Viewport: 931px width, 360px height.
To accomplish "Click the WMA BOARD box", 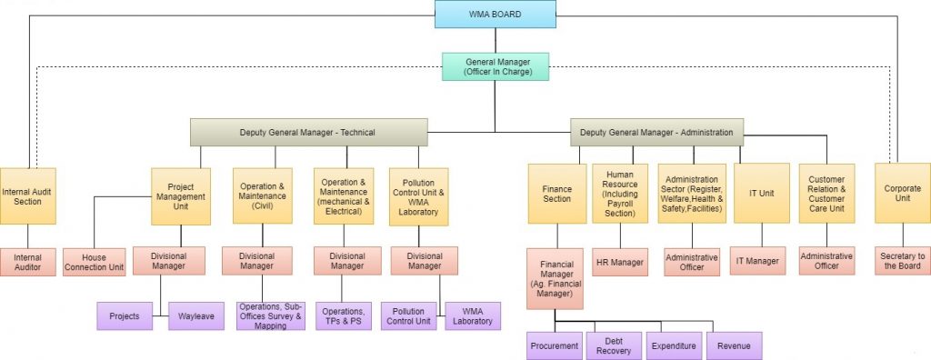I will click(496, 14).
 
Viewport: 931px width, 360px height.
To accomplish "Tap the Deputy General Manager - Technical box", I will click(307, 132).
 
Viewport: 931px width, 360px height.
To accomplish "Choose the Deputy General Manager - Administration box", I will click(657, 132).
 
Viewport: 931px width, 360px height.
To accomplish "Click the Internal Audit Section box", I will click(27, 195).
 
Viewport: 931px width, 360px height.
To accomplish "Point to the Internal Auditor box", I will click(27, 263).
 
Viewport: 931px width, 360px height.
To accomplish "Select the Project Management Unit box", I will click(181, 195).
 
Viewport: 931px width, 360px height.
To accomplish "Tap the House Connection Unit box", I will click(94, 263).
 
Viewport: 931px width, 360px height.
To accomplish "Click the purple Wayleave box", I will click(195, 315).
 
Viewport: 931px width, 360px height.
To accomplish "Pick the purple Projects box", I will click(125, 315).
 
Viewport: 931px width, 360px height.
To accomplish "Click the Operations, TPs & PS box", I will click(343, 315).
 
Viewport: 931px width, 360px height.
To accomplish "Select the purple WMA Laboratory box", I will click(473, 315).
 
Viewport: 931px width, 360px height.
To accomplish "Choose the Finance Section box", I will click(557, 193).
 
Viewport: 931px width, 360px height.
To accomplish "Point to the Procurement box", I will click(555, 345).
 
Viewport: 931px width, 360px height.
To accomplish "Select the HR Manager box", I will click(621, 262).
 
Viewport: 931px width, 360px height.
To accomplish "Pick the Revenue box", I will click(734, 345).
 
